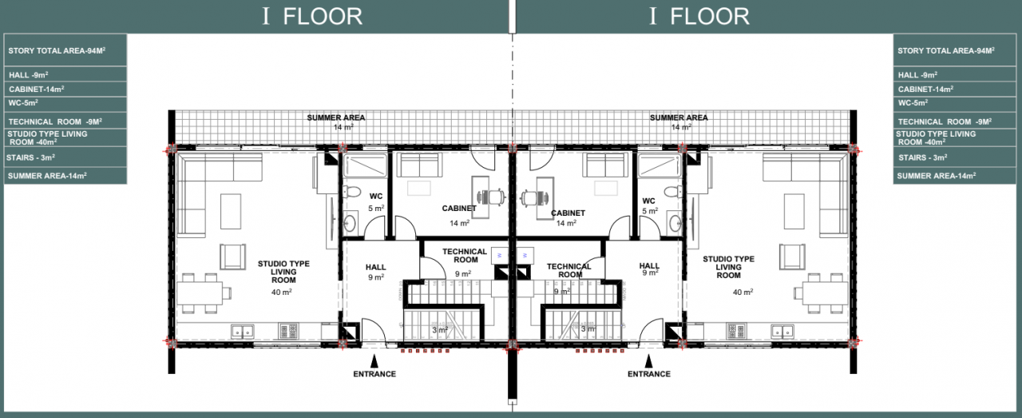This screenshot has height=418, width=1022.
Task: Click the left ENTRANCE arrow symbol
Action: (x=374, y=361)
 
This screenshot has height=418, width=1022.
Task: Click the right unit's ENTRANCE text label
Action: (x=649, y=374)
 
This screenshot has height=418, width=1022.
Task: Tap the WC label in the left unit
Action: (x=376, y=197)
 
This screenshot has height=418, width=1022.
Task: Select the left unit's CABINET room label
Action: (x=459, y=209)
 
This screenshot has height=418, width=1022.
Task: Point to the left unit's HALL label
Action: (x=375, y=267)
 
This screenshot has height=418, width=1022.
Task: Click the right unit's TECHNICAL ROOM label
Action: (x=569, y=270)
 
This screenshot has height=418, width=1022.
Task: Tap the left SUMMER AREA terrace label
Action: (x=336, y=117)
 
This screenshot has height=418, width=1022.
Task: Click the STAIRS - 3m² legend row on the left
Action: (x=65, y=157)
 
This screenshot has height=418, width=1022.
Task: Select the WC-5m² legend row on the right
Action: (x=953, y=104)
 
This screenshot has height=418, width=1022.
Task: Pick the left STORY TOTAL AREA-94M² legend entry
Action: (x=65, y=50)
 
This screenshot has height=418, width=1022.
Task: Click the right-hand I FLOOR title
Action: (x=699, y=16)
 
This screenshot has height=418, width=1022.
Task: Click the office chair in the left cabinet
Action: (x=493, y=197)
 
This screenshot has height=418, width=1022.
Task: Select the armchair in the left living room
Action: (x=232, y=257)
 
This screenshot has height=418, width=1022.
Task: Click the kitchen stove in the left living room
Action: (x=289, y=330)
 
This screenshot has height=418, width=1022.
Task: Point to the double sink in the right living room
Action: (x=782, y=331)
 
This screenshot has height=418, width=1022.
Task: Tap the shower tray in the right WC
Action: (x=659, y=165)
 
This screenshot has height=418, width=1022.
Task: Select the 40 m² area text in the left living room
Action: (x=282, y=292)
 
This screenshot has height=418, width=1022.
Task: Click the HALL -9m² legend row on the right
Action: (x=953, y=74)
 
